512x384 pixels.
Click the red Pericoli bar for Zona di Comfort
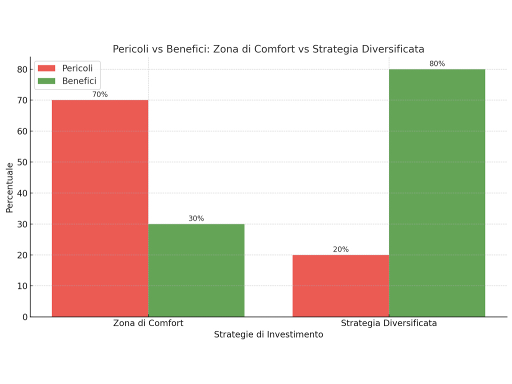pyautogui.click(x=100, y=208)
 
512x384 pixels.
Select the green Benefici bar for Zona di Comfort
pyautogui.click(x=196, y=270)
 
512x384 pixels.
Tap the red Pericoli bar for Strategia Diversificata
pyautogui.click(x=340, y=285)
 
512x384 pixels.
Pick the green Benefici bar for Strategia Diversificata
pyautogui.click(x=437, y=192)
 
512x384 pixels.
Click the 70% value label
pyautogui.click(x=100, y=94)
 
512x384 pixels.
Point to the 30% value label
pyautogui.click(x=196, y=218)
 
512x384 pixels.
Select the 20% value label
pyautogui.click(x=340, y=249)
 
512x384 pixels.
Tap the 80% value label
pyautogui.click(x=437, y=63)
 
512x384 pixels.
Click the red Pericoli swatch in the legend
pyautogui.click(x=46, y=68)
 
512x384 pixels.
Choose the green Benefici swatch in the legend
pyautogui.click(x=46, y=81)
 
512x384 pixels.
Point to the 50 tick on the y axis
pyautogui.click(x=22, y=162)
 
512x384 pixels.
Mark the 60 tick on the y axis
pyautogui.click(x=22, y=131)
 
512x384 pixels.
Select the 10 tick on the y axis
pyautogui.click(x=22, y=286)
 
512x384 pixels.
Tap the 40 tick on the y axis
pyautogui.click(x=22, y=193)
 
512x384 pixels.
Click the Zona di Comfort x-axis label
pyautogui.click(x=148, y=323)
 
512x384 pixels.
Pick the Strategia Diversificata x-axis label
pyautogui.click(x=388, y=323)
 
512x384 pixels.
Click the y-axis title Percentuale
pyautogui.click(x=9, y=187)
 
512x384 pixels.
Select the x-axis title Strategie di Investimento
pyautogui.click(x=268, y=334)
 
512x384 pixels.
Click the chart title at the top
pyautogui.click(x=268, y=49)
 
